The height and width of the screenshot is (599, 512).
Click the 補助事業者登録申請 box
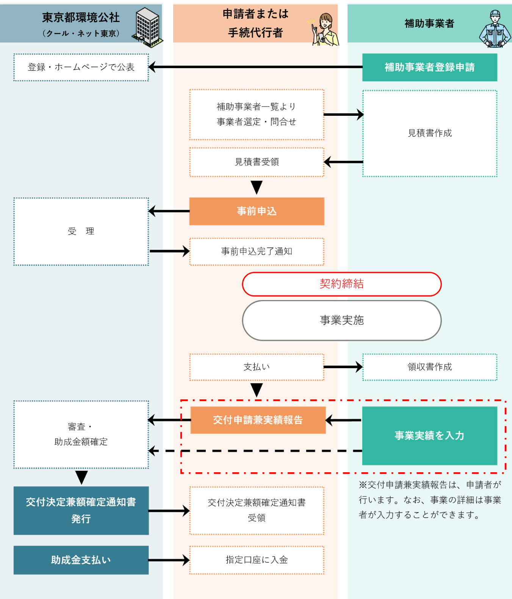(429, 67)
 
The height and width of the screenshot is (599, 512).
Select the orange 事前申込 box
(257, 211)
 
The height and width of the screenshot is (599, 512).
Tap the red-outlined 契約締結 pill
(342, 284)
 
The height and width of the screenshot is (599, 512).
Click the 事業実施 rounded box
(342, 321)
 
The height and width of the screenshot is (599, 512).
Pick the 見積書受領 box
(257, 162)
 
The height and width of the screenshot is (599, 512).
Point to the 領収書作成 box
(430, 367)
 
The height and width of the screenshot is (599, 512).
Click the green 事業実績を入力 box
(429, 436)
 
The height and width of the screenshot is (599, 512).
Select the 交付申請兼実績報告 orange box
(258, 420)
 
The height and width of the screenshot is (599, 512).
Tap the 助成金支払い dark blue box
(81, 560)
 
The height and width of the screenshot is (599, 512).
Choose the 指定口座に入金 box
(257, 560)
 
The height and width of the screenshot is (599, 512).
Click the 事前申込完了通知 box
(257, 252)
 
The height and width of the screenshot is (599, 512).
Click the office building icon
(147, 27)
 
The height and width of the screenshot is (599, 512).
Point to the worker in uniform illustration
(495, 29)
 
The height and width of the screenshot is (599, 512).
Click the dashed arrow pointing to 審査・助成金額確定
(255, 451)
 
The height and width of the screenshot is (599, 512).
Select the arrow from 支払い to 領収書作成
(343, 367)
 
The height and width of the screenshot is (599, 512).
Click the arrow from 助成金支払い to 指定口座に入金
(169, 560)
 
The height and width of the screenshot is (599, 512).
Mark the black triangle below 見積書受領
(257, 187)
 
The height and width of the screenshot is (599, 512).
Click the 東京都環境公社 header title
(81, 17)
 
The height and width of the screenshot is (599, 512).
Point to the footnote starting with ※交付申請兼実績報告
(430, 500)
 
